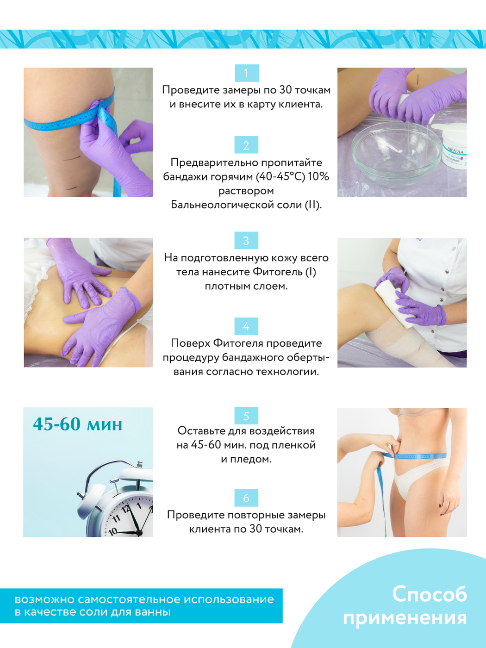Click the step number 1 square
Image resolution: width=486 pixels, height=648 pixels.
coord(246,73)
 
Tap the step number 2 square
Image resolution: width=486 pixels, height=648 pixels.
coord(246,145)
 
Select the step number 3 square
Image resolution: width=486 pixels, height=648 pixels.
coord(246,240)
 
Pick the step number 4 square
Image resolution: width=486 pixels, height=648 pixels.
coord(246,326)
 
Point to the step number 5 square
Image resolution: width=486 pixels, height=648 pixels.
coord(246,416)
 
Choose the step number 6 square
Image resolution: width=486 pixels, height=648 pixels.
coord(246,498)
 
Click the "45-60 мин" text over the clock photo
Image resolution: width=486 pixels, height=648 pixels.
coord(78,424)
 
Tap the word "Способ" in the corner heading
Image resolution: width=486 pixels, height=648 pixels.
coord(430,594)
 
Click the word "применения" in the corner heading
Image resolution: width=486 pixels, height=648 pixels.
coord(405,618)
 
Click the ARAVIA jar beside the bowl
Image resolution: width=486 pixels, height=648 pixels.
coord(455,148)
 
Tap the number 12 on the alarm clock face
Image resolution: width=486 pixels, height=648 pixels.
coord(126,509)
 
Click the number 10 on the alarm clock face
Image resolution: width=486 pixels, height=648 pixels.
coord(113,532)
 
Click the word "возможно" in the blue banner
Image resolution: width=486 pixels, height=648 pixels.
coord(44,599)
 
